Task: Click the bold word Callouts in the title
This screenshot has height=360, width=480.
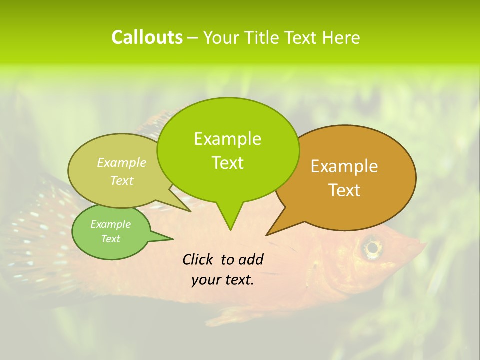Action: pos(147,37)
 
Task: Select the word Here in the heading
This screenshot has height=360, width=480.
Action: pos(341,38)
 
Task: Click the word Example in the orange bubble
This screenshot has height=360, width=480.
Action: pos(344,166)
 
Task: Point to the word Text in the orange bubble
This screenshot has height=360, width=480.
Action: pos(344,190)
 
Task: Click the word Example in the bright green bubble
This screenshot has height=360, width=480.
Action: pos(227,139)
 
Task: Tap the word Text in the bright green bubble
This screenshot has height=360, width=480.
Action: pos(227,163)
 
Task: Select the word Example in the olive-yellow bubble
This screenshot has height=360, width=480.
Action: pos(122,162)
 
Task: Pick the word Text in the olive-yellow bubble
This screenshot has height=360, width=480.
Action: pos(122,180)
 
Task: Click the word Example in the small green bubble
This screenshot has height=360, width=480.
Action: pos(110,224)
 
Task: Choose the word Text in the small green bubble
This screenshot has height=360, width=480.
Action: pos(110,239)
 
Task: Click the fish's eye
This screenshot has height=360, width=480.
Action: pos(372,247)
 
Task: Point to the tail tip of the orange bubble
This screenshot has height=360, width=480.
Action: pos(268,234)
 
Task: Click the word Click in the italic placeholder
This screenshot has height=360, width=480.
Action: pos(198,259)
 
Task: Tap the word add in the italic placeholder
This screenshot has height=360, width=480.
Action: pos(251,259)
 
